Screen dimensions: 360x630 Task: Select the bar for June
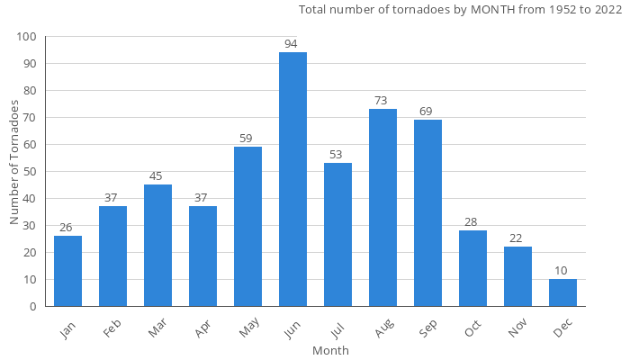(292, 179)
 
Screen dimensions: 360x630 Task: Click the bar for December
(562, 292)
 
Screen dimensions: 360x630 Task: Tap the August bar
(382, 207)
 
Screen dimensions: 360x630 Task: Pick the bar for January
(67, 271)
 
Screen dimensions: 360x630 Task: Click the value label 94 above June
(292, 43)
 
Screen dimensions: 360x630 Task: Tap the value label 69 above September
(427, 111)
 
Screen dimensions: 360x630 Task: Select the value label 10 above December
(562, 270)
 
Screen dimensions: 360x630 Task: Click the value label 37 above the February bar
(112, 197)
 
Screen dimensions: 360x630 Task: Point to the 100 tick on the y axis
(26, 37)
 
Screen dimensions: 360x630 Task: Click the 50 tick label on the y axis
(30, 172)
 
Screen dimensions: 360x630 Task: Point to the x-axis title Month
(330, 350)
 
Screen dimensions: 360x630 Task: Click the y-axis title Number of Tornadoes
(14, 163)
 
